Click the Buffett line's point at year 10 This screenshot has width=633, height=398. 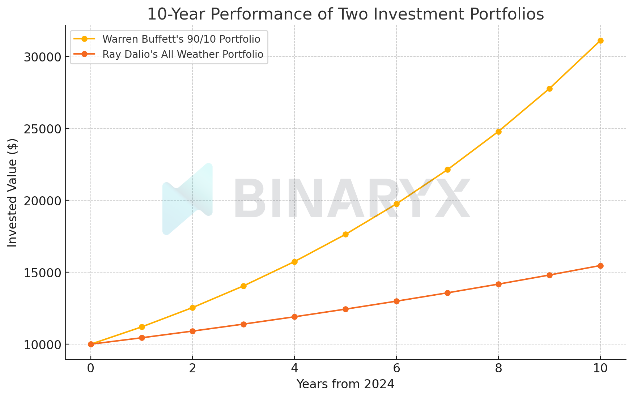tap(600, 40)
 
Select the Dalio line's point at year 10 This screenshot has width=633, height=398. tap(600, 266)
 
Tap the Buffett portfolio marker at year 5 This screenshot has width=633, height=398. tap(345, 234)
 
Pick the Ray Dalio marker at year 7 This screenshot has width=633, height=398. tap(447, 293)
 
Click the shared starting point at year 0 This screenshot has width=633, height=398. tap(91, 344)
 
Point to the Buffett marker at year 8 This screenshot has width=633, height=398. tap(498, 132)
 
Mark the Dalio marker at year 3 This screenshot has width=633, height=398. tap(243, 324)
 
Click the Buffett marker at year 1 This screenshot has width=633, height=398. tap(142, 327)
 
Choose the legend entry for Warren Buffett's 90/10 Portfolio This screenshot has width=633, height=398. tap(181, 39)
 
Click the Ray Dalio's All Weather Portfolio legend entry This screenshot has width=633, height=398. tap(183, 54)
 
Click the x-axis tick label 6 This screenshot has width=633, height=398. tap(396, 368)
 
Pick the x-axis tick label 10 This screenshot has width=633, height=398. tap(600, 368)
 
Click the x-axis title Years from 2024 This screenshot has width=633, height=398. tap(345, 384)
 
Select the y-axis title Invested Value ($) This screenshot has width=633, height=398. tap(13, 193)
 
